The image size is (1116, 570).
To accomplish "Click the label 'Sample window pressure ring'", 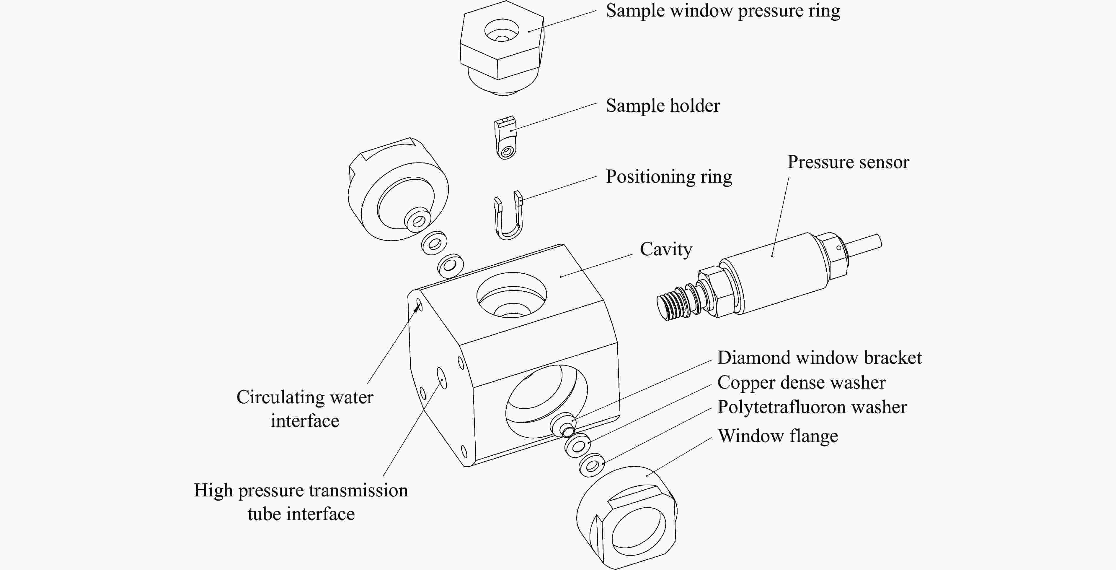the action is [723, 11].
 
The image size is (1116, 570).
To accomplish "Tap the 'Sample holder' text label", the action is [663, 106].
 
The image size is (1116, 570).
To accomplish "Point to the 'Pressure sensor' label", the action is [848, 162].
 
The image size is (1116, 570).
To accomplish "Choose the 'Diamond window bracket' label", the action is [819, 358].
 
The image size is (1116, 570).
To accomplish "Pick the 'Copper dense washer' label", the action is [801, 383].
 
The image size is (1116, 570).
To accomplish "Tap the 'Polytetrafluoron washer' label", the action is [812, 407].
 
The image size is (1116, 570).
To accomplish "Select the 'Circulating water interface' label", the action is [305, 409].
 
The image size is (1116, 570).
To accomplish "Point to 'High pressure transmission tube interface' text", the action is [301, 502].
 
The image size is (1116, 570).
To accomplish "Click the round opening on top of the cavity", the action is [511, 295].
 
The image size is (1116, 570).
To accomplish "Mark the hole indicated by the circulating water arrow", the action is [419, 305].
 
